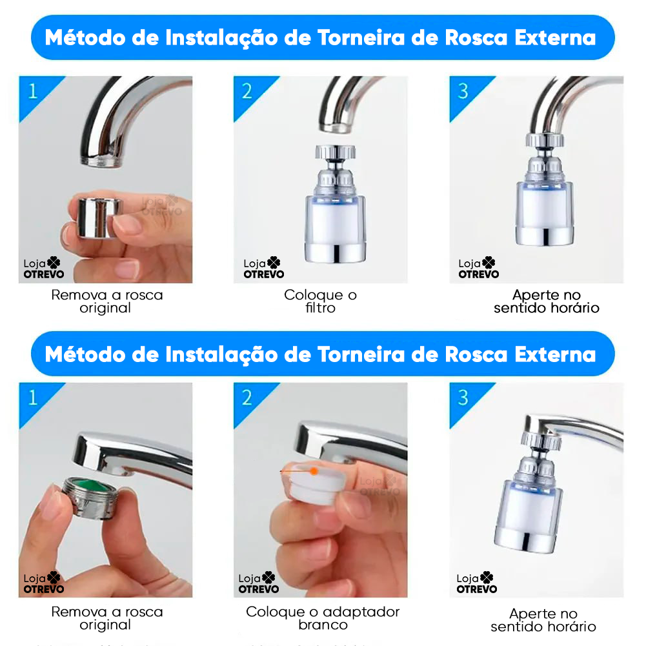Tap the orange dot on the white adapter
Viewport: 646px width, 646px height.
(314, 471)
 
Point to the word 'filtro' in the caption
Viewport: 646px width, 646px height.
(321, 308)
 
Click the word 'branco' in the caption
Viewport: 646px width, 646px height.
(323, 625)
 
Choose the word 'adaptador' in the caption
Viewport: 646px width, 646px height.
(361, 612)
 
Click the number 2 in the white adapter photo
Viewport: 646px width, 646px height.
(247, 398)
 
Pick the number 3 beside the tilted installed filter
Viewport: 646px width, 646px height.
(463, 398)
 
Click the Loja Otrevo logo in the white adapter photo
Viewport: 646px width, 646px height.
(258, 583)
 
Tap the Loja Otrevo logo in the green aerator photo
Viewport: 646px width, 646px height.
(44, 583)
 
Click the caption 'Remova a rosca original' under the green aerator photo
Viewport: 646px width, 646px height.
(107, 618)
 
